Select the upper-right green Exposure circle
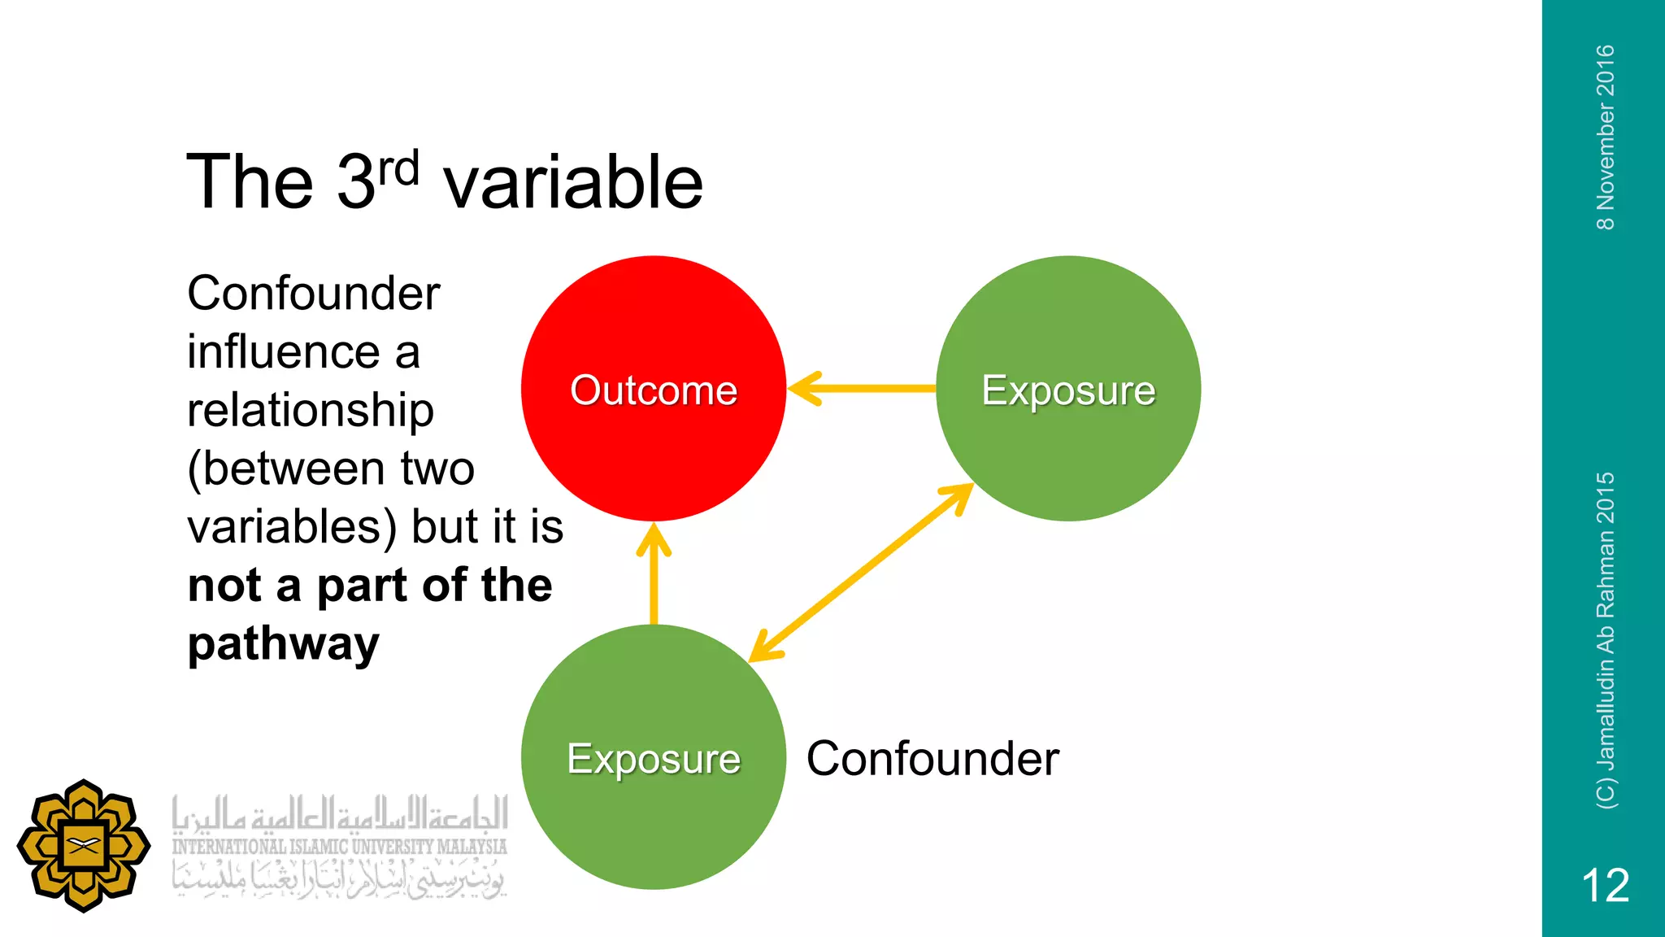[1068, 455]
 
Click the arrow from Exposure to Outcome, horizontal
[862, 389]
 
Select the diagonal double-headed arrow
[862, 572]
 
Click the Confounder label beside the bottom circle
[932, 759]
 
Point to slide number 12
[1605, 885]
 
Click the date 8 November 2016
[1606, 137]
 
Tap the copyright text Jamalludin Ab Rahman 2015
[1606, 640]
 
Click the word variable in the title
[573, 182]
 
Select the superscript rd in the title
[398, 168]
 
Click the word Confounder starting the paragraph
[313, 294]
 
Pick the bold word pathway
[283, 644]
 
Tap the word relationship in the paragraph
[311, 410]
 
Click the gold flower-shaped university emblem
[83, 846]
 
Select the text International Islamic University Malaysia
[339, 847]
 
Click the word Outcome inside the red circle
[653, 390]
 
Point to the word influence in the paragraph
[283, 352]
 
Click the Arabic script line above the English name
[339, 813]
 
